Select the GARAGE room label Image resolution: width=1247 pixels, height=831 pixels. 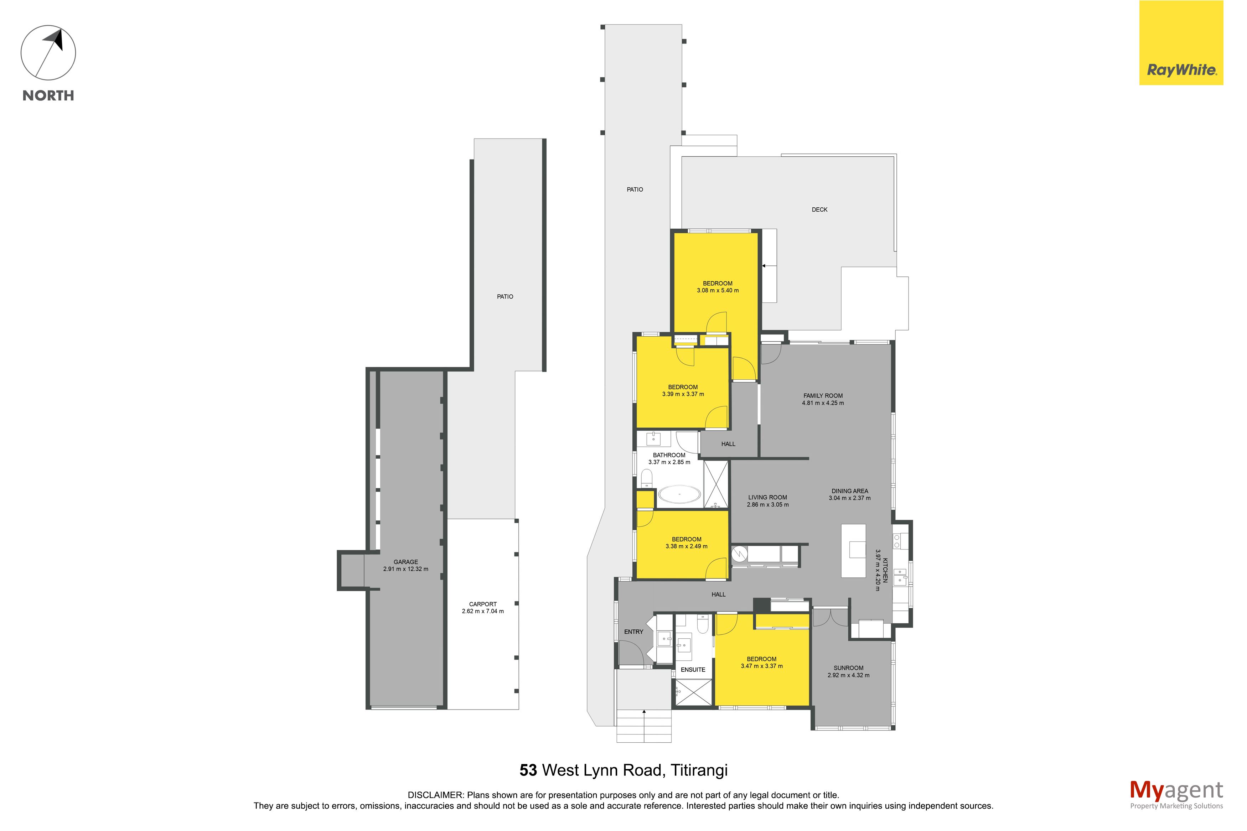406,562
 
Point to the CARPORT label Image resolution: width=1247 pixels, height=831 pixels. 483,604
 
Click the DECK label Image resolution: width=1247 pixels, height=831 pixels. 819,210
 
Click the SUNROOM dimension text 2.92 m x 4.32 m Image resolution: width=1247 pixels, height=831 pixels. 848,675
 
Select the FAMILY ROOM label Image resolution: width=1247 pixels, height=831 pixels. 823,396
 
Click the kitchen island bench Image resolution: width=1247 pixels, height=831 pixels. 853,551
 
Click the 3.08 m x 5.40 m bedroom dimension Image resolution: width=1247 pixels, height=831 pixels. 718,290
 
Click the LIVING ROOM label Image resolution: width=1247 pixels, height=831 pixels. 767,498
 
